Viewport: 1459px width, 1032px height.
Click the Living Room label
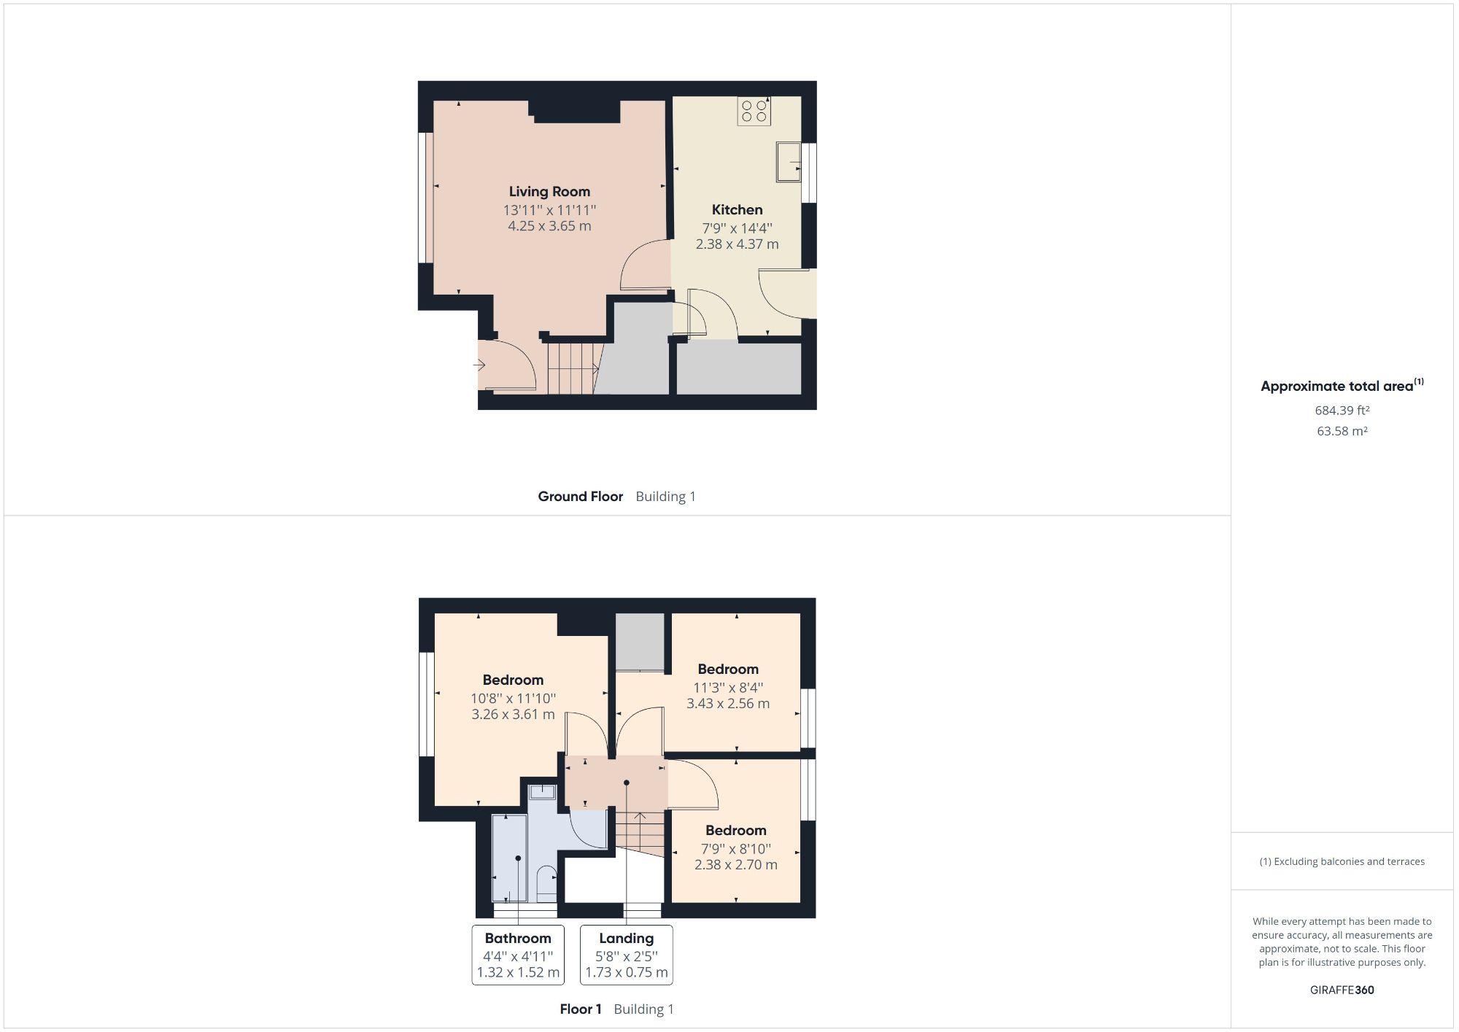coord(549,192)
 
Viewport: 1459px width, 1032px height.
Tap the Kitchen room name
coord(737,210)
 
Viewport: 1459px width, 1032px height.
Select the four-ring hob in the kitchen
coord(754,111)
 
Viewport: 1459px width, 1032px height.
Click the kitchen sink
coord(788,161)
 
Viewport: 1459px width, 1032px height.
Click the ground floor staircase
coord(573,368)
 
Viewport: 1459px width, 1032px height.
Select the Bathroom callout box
coord(518,955)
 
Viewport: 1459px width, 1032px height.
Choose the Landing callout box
coord(626,955)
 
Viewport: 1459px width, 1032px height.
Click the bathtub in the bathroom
coord(509,858)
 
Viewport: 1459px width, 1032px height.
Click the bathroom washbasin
coord(542,791)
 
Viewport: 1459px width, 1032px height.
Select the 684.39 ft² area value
coord(1342,411)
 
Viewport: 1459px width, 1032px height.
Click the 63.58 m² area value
coord(1342,431)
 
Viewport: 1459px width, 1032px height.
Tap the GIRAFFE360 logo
coord(1342,990)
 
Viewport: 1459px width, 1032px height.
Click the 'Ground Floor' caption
coord(580,497)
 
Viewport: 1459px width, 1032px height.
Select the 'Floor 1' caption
coord(580,1009)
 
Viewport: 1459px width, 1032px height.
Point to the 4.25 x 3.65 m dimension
coord(549,226)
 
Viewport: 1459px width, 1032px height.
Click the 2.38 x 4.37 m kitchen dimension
coord(737,244)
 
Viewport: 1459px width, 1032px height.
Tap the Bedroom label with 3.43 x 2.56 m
coord(727,670)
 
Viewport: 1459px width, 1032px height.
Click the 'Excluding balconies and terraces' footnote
coord(1342,861)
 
